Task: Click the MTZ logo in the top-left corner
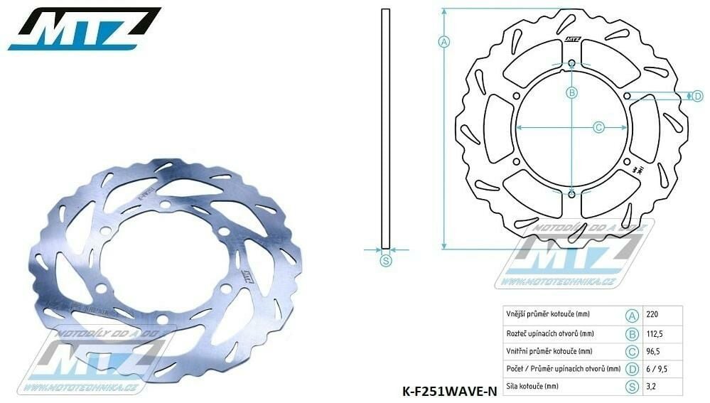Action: click(84, 28)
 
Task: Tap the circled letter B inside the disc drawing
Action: click(571, 92)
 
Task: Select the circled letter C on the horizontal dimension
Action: click(598, 127)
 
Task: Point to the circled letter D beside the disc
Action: click(697, 96)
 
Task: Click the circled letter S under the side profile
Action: click(386, 261)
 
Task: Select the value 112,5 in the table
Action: click(656, 333)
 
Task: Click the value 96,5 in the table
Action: click(655, 351)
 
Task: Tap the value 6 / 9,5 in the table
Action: click(657, 369)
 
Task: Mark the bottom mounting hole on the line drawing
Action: click(572, 192)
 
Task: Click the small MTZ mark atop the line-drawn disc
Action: click(573, 40)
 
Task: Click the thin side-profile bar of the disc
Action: click(385, 128)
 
